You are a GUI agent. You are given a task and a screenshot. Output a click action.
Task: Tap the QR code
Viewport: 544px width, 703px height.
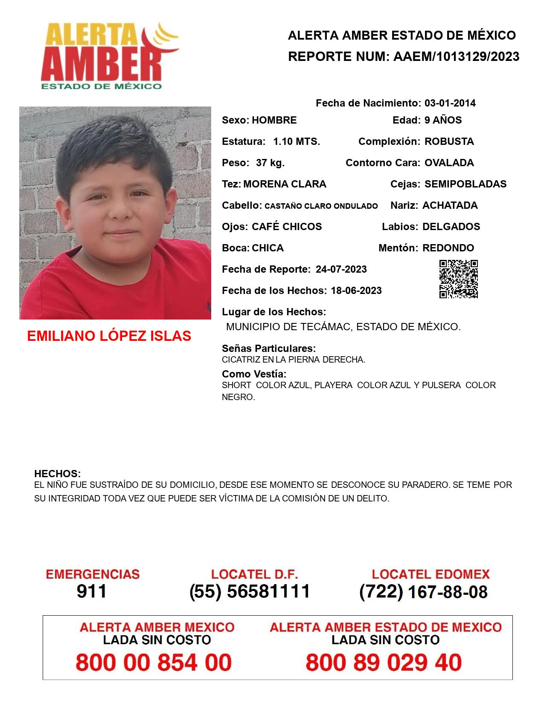[459, 279]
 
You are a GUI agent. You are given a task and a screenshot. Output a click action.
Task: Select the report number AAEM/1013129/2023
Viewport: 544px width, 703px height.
[456, 56]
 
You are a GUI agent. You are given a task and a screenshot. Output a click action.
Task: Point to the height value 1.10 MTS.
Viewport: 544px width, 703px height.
[297, 141]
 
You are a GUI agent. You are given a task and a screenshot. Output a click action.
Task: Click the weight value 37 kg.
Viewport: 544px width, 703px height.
[270, 163]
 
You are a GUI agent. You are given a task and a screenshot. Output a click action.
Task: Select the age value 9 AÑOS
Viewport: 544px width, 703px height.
[443, 120]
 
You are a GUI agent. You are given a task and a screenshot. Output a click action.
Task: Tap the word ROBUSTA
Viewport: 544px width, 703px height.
[449, 141]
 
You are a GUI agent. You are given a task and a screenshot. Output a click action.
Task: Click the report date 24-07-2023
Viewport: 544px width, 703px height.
[341, 269]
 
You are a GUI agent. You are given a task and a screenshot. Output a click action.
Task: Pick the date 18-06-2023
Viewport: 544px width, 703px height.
[356, 291]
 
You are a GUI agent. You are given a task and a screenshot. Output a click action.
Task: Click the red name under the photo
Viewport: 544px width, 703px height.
[109, 336]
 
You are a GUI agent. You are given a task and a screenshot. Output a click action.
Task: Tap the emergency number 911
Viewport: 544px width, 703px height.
[92, 591]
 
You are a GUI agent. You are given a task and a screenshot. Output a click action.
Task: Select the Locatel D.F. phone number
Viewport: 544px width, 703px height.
[250, 591]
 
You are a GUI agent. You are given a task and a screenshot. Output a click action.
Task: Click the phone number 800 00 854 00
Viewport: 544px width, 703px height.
[154, 663]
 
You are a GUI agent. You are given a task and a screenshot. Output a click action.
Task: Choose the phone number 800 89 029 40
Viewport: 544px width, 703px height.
[384, 663]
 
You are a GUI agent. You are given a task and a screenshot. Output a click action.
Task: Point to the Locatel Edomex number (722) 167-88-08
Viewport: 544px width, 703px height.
[423, 592]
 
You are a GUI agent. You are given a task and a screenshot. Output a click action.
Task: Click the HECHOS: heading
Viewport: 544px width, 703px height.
[57, 474]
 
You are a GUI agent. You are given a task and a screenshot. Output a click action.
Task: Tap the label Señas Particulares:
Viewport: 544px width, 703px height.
[269, 349]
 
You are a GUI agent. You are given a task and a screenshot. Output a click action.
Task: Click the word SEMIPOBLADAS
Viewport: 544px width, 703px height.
[465, 184]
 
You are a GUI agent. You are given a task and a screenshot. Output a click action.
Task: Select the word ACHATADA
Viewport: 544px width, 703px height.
[450, 205]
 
